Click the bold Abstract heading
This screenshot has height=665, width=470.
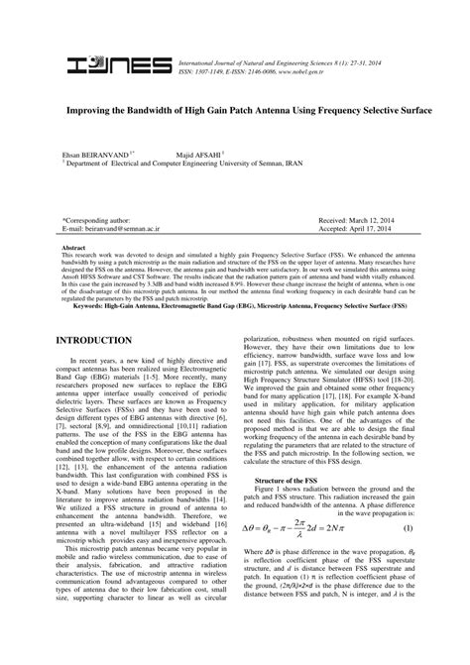coord(73,247)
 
